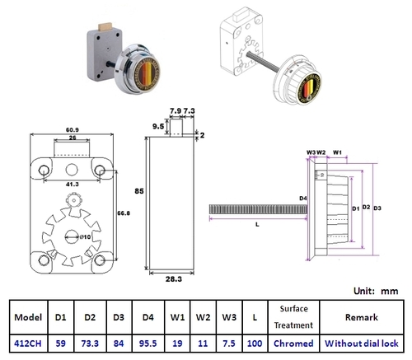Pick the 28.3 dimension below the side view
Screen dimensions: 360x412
pyautogui.click(x=173, y=280)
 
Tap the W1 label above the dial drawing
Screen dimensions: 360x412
pyautogui.click(x=337, y=152)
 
